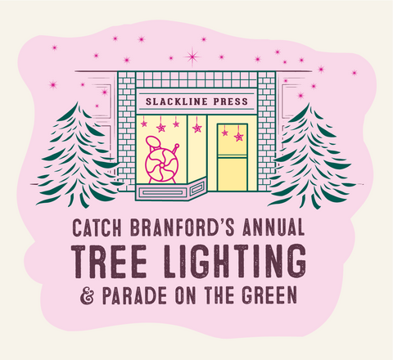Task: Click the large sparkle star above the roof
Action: pos(192,56)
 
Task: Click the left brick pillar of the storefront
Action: pos(126,131)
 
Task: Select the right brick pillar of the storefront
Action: pos(266,131)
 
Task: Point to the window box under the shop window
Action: pos(170,191)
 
